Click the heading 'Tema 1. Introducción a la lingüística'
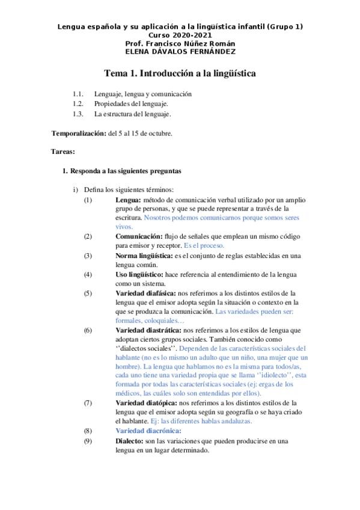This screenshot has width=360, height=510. click(x=180, y=73)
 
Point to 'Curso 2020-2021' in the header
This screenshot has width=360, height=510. click(x=180, y=35)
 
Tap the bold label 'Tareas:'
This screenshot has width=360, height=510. click(x=63, y=152)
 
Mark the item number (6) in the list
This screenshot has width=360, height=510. click(x=88, y=330)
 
